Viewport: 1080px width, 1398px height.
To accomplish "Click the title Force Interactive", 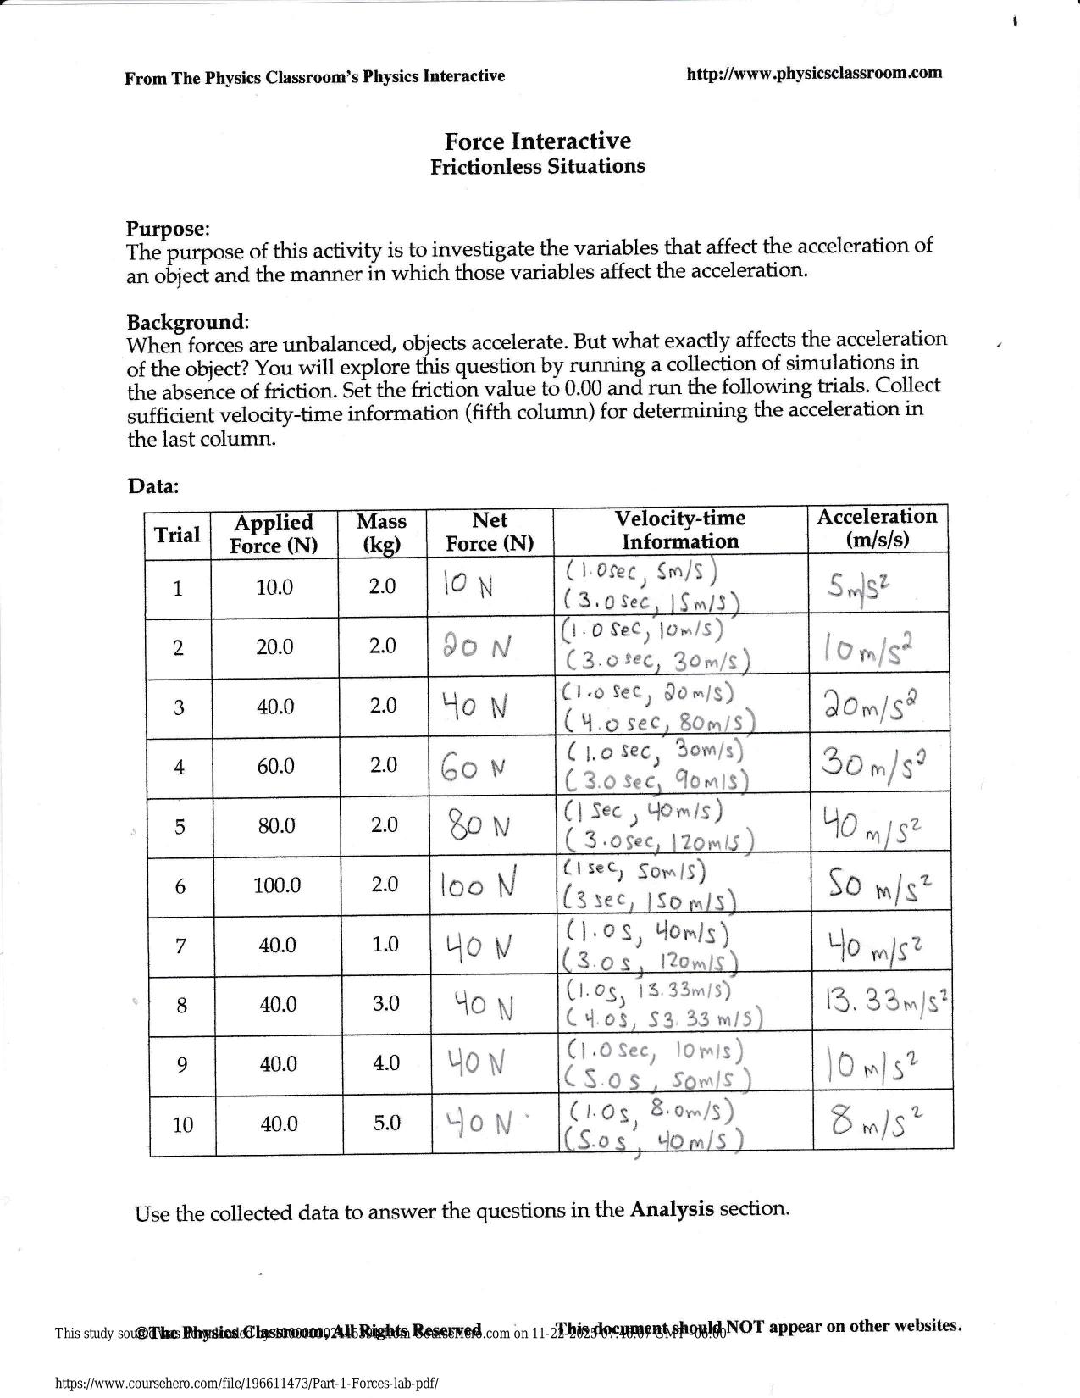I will click(538, 141).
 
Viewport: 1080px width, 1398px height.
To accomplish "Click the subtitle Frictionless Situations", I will click(538, 166).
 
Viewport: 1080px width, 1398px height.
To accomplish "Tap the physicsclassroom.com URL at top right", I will click(813, 73).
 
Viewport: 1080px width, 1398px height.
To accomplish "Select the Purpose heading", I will click(166, 229).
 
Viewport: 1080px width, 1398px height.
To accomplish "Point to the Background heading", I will click(186, 322).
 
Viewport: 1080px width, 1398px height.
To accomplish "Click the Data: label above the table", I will click(153, 486).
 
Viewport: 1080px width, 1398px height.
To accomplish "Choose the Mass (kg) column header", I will click(382, 533).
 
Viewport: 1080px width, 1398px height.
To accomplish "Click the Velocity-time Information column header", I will click(679, 530).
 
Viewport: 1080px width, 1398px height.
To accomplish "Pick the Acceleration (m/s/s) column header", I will click(877, 528).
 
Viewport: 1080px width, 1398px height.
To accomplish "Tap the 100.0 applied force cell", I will click(277, 885).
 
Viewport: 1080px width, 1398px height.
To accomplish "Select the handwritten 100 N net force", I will click(479, 886).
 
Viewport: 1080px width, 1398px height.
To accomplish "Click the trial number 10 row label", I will click(182, 1124).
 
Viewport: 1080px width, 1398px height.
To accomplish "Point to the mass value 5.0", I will click(386, 1123).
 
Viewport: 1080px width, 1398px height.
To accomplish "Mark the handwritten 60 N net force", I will click(474, 768).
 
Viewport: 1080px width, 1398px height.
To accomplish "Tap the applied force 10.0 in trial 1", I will click(274, 587).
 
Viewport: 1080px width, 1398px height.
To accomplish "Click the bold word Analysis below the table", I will click(672, 1209).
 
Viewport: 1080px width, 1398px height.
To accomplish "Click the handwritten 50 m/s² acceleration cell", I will click(878, 886).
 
